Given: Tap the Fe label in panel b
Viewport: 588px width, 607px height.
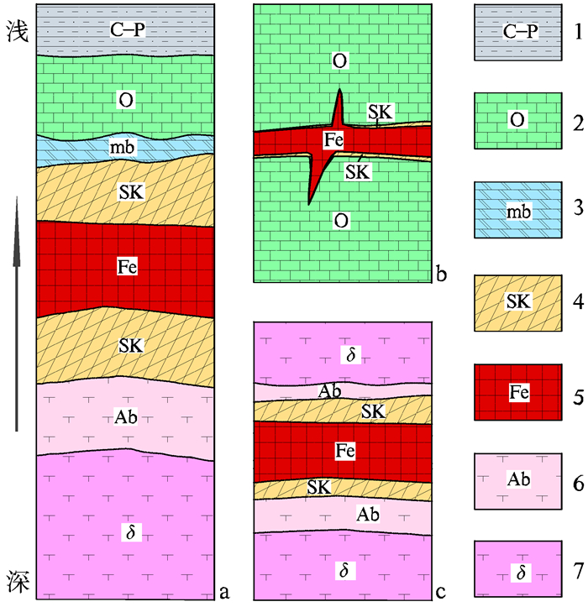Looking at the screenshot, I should [x=333, y=140].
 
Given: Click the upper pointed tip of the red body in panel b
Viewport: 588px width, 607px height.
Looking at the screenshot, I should [x=339, y=90].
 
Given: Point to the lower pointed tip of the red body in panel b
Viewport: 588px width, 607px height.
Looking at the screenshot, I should [x=309, y=203].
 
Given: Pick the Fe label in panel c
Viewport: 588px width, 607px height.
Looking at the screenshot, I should [x=344, y=451].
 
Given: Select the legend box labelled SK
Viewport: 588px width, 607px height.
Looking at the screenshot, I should [x=518, y=301].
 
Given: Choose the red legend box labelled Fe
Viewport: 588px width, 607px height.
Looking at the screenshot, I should [x=518, y=392].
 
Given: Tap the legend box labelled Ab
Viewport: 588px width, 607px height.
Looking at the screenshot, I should [x=518, y=481].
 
